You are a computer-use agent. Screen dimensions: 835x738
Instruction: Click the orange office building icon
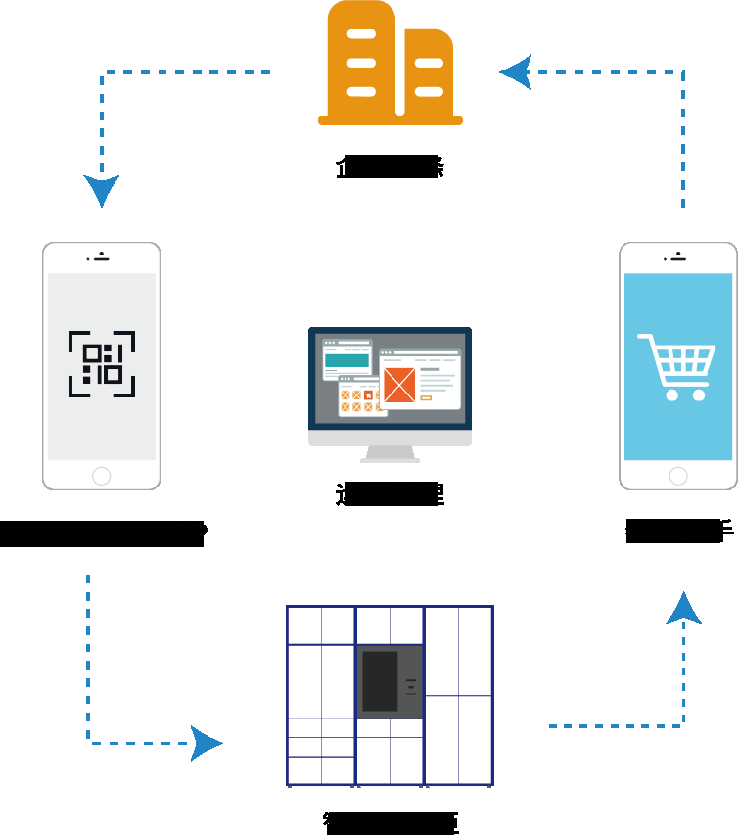[x=391, y=65]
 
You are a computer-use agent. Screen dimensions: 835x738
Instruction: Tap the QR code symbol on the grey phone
[x=102, y=364]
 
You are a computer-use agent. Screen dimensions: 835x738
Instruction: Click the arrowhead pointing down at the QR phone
[x=102, y=189]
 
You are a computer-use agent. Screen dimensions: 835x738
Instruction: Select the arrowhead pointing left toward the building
[x=516, y=71]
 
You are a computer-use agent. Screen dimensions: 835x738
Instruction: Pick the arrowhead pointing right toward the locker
[x=207, y=743]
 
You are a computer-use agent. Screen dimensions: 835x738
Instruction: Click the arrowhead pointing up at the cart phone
[x=683, y=608]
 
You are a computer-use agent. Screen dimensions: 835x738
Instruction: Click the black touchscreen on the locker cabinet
[x=380, y=680]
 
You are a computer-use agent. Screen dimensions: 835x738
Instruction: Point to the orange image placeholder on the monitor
[x=399, y=384]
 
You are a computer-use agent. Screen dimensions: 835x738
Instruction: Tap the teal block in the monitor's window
[x=346, y=361]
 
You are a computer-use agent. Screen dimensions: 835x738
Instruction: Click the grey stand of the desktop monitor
[x=390, y=453]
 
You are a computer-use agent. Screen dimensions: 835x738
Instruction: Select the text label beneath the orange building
[x=390, y=166]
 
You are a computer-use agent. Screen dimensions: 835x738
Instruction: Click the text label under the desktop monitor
[x=390, y=494]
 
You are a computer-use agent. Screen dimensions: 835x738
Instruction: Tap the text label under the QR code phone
[x=103, y=533]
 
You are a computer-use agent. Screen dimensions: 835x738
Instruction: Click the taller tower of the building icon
[x=362, y=60]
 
